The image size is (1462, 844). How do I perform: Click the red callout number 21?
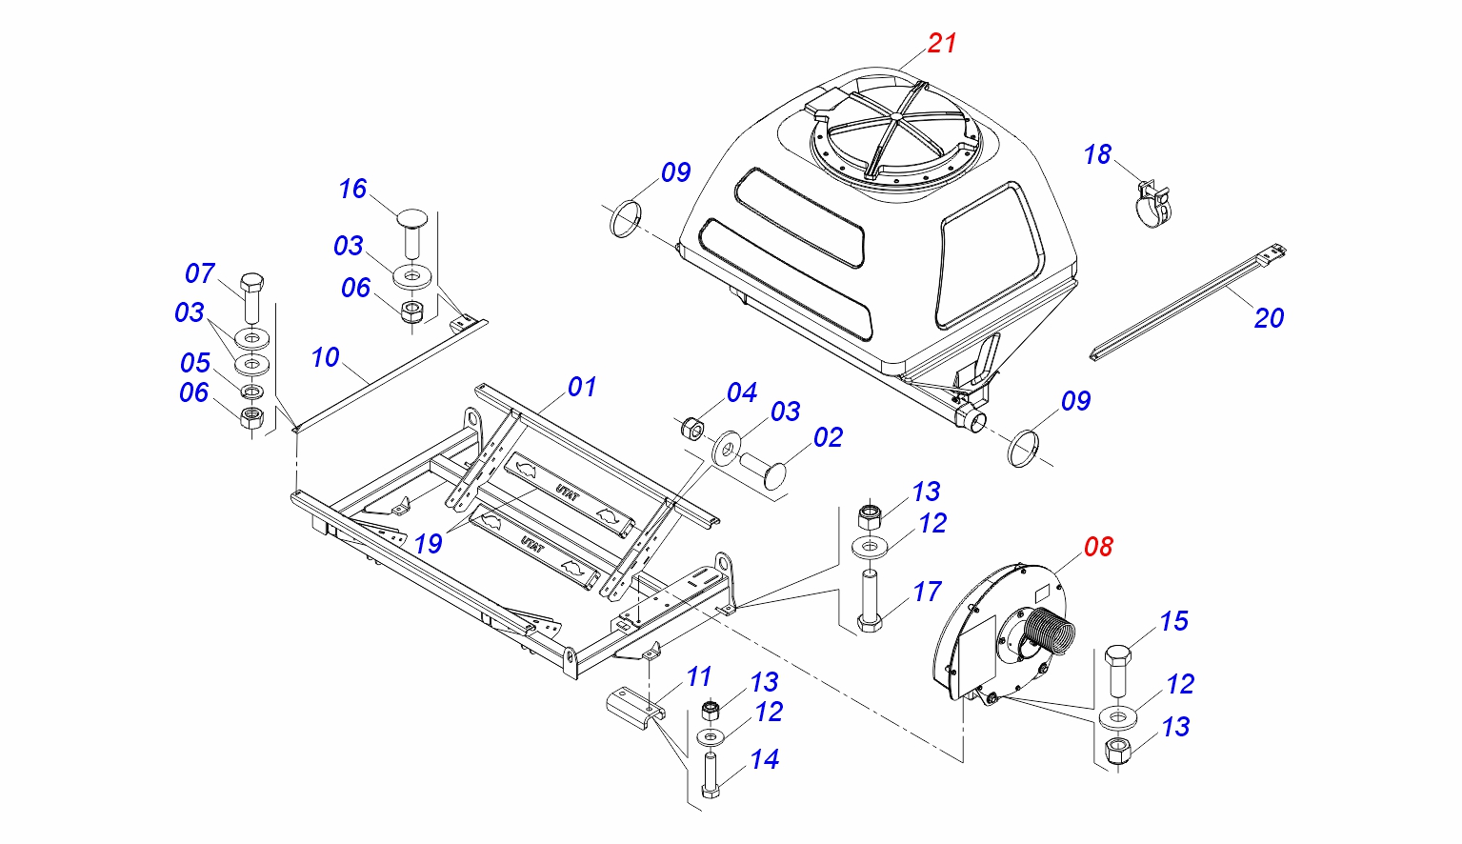[942, 43]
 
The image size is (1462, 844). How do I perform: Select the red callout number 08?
[1098, 547]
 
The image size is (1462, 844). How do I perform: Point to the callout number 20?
[1269, 318]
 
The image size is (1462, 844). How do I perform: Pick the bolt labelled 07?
[251, 296]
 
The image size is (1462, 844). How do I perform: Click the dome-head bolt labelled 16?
[411, 230]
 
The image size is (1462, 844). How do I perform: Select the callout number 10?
[325, 357]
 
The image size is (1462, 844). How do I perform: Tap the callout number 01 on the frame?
[582, 387]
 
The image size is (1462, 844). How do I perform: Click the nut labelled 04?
[692, 428]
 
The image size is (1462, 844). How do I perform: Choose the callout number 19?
[428, 543]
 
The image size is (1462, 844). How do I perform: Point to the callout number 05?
[195, 363]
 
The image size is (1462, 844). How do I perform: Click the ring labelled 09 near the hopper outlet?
[1024, 447]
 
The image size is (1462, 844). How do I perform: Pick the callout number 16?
[352, 190]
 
